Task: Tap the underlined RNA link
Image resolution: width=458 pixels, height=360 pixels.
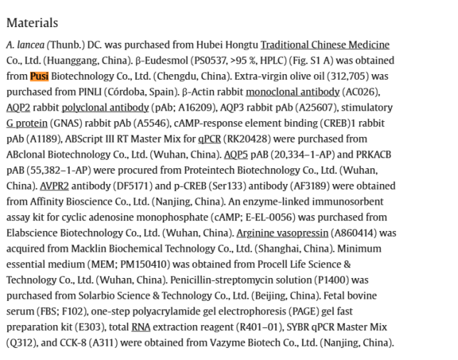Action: (140, 326)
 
